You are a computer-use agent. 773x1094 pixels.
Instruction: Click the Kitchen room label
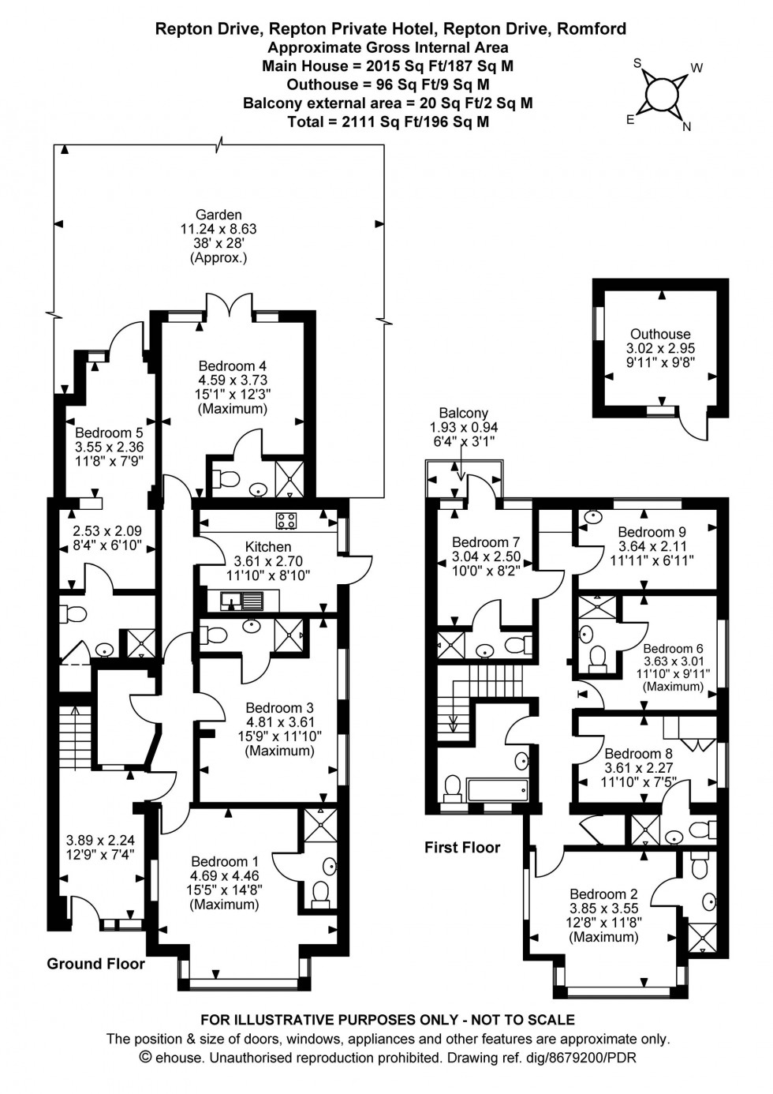click(x=268, y=546)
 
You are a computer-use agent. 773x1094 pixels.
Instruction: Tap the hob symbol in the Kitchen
click(x=285, y=520)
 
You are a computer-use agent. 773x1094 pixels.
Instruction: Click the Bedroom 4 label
click(x=232, y=365)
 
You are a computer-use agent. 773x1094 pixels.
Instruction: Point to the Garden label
click(x=218, y=215)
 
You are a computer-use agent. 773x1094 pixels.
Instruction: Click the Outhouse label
click(x=660, y=334)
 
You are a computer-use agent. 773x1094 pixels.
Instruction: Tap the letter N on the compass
click(x=686, y=126)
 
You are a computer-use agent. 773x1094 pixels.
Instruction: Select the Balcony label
click(x=463, y=413)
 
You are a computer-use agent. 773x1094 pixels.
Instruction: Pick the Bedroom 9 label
click(x=646, y=532)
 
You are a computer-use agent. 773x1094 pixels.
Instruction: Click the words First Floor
click(x=462, y=848)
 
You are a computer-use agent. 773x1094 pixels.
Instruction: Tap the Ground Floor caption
click(x=95, y=963)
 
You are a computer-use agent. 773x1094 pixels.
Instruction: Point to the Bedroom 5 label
click(x=109, y=433)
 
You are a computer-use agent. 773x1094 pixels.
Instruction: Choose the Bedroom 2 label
click(x=603, y=894)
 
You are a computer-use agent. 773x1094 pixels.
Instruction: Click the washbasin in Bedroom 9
click(x=591, y=518)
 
